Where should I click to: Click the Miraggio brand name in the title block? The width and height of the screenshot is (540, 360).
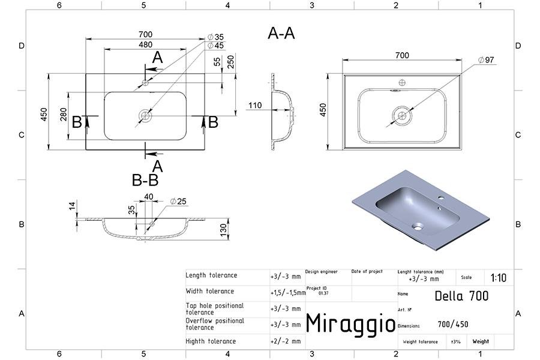(351, 323)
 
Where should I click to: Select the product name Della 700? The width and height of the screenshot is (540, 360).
(461, 296)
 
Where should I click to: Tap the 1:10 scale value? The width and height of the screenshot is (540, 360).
(498, 278)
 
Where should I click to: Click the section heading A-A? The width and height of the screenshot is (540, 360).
(281, 34)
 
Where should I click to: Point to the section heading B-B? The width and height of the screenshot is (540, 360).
(145, 180)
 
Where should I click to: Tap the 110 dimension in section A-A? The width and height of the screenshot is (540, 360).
(255, 105)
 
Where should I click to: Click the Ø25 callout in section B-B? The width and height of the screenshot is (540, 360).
(178, 200)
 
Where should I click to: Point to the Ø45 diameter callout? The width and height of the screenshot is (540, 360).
(215, 46)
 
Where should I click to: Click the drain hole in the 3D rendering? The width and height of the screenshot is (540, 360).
(418, 227)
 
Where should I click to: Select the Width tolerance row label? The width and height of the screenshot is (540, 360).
(210, 292)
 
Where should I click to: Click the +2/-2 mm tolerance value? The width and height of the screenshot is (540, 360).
(286, 341)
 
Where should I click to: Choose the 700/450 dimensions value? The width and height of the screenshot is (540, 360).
(453, 325)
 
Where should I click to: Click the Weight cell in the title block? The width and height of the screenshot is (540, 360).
(480, 341)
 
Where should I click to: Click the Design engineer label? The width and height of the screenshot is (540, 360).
(322, 272)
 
